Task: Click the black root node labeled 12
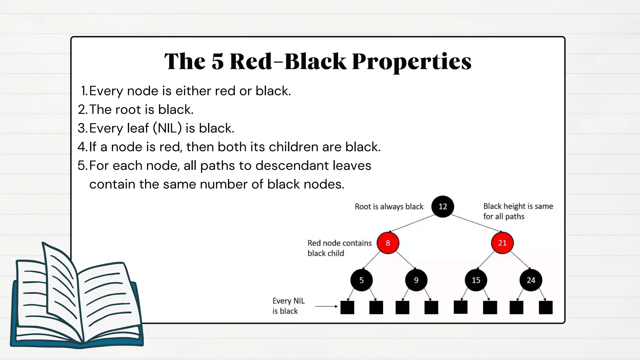tap(442, 207)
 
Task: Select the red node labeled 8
tap(388, 243)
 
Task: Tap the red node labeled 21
tap(502, 243)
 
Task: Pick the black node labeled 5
tap(361, 280)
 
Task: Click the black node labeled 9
tap(416, 280)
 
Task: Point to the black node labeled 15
tap(476, 280)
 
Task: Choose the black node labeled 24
tap(531, 280)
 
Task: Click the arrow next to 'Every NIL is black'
tap(326, 306)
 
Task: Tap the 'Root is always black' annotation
tap(389, 207)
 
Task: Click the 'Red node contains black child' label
tap(339, 248)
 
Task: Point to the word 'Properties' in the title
tap(412, 61)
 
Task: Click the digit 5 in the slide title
tap(218, 61)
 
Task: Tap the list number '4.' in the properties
tap(83, 147)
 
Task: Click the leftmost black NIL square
tap(347, 307)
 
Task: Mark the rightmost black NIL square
tap(546, 307)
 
